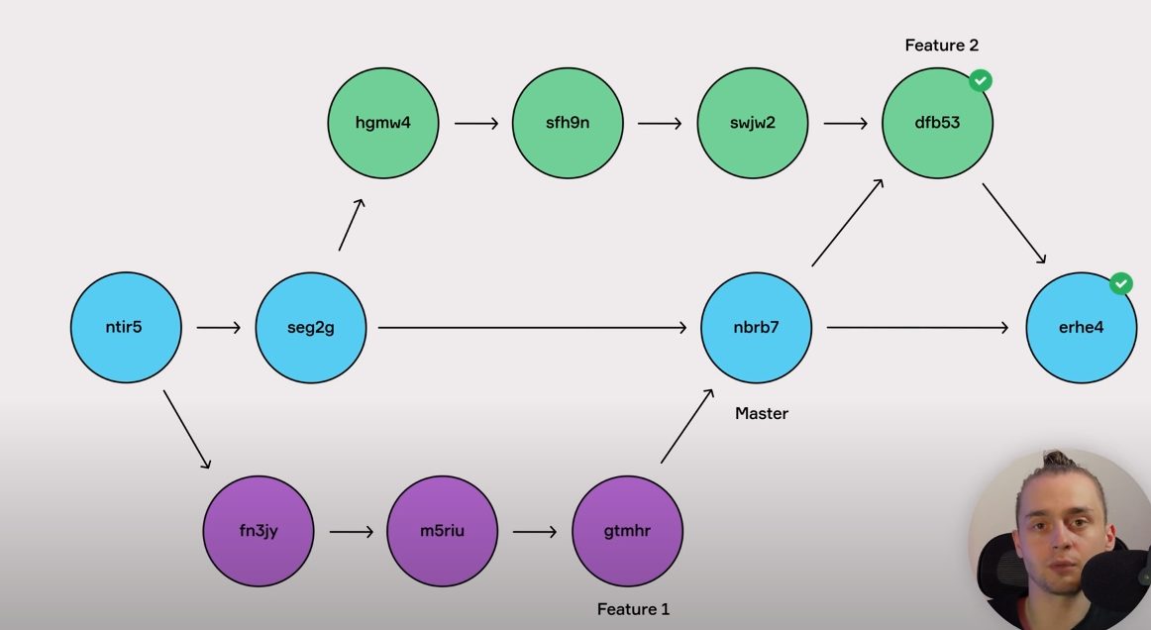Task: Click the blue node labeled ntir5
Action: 126,327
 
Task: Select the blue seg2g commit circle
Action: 311,327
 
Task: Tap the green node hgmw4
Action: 382,124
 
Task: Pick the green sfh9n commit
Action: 568,124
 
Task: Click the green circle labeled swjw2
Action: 753,124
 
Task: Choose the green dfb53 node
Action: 937,124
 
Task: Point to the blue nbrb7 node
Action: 757,327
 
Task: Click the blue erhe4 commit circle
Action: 1081,327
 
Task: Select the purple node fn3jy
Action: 259,531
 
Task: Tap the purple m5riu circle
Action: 443,531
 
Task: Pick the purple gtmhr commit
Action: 627,531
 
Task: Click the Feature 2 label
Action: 942,46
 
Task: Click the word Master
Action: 762,413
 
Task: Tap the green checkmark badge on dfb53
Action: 981,80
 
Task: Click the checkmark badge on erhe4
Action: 1120,283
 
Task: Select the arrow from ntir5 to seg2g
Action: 219,327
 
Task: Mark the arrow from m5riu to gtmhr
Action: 535,532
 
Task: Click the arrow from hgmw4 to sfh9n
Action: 475,124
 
